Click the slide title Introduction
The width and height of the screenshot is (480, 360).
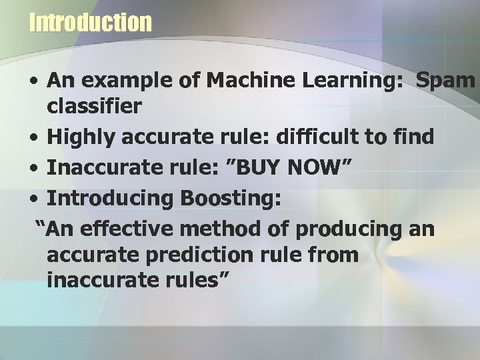coord(91,23)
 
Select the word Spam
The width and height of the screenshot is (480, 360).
coord(445,81)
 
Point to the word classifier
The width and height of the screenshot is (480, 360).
coord(93,105)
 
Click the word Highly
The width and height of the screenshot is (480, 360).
coord(81,138)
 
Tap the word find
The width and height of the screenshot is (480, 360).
coord(411,138)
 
